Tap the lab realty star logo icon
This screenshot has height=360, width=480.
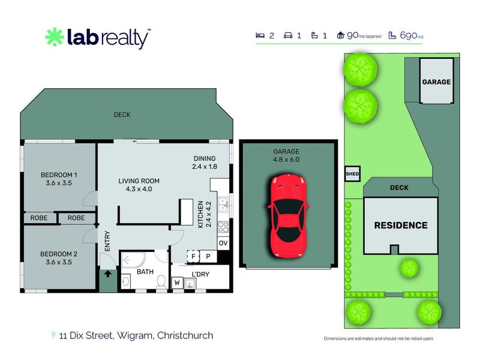(55, 37)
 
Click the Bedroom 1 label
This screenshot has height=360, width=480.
(59, 179)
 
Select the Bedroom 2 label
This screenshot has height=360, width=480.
(59, 258)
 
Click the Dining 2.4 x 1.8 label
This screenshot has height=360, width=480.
(204, 163)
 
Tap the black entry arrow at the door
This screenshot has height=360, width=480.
(109, 275)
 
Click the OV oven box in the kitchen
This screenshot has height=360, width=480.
(223, 243)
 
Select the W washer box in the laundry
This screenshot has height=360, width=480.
(178, 282)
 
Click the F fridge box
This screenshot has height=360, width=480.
(193, 255)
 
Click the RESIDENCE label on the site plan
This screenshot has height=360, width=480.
(401, 226)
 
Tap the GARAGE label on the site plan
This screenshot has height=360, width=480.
(436, 82)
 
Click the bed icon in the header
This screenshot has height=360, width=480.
(260, 35)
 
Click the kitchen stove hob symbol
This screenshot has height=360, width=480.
(223, 227)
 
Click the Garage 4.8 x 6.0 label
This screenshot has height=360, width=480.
(286, 155)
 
